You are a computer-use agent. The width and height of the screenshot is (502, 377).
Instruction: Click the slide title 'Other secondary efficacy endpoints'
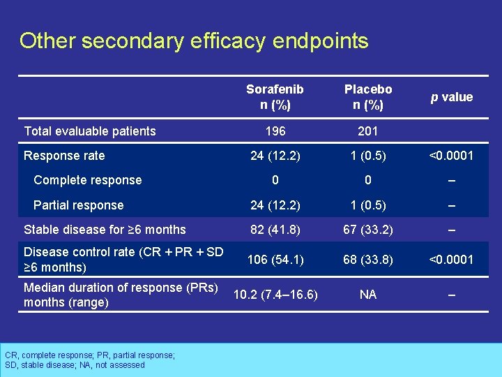click(x=194, y=41)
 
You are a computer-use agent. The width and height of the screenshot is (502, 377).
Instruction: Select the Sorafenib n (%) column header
click(x=275, y=97)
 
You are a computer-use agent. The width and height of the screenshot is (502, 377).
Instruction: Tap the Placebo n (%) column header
click(x=368, y=97)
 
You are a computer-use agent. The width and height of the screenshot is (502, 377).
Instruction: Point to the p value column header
click(x=451, y=97)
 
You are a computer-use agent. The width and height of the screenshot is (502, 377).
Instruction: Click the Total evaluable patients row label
click(x=90, y=131)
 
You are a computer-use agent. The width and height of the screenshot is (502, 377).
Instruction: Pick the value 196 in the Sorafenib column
click(x=275, y=131)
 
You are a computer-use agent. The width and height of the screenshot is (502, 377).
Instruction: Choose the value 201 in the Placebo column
click(x=368, y=131)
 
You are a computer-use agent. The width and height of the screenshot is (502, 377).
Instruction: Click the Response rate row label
click(x=64, y=156)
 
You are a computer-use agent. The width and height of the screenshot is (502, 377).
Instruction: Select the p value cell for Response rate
click(x=451, y=156)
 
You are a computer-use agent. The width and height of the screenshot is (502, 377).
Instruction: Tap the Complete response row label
click(x=87, y=180)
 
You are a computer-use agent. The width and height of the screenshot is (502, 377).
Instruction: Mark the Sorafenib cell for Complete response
click(x=275, y=180)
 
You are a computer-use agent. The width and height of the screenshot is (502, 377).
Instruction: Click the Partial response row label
click(x=78, y=205)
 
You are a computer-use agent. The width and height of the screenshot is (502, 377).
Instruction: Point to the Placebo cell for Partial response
click(x=368, y=205)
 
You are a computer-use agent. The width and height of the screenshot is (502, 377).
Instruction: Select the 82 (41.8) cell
click(x=275, y=230)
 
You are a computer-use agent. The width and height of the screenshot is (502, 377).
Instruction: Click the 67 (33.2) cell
click(x=368, y=230)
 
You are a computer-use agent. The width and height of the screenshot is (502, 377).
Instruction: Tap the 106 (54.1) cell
click(x=275, y=260)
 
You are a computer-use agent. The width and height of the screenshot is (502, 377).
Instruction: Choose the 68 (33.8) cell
click(x=368, y=260)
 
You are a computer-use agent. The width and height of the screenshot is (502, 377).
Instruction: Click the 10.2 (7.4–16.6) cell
click(x=275, y=295)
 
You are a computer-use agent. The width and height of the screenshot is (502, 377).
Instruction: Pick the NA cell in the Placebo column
click(x=368, y=295)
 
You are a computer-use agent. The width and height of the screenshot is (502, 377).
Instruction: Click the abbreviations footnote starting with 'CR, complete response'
click(x=89, y=360)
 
